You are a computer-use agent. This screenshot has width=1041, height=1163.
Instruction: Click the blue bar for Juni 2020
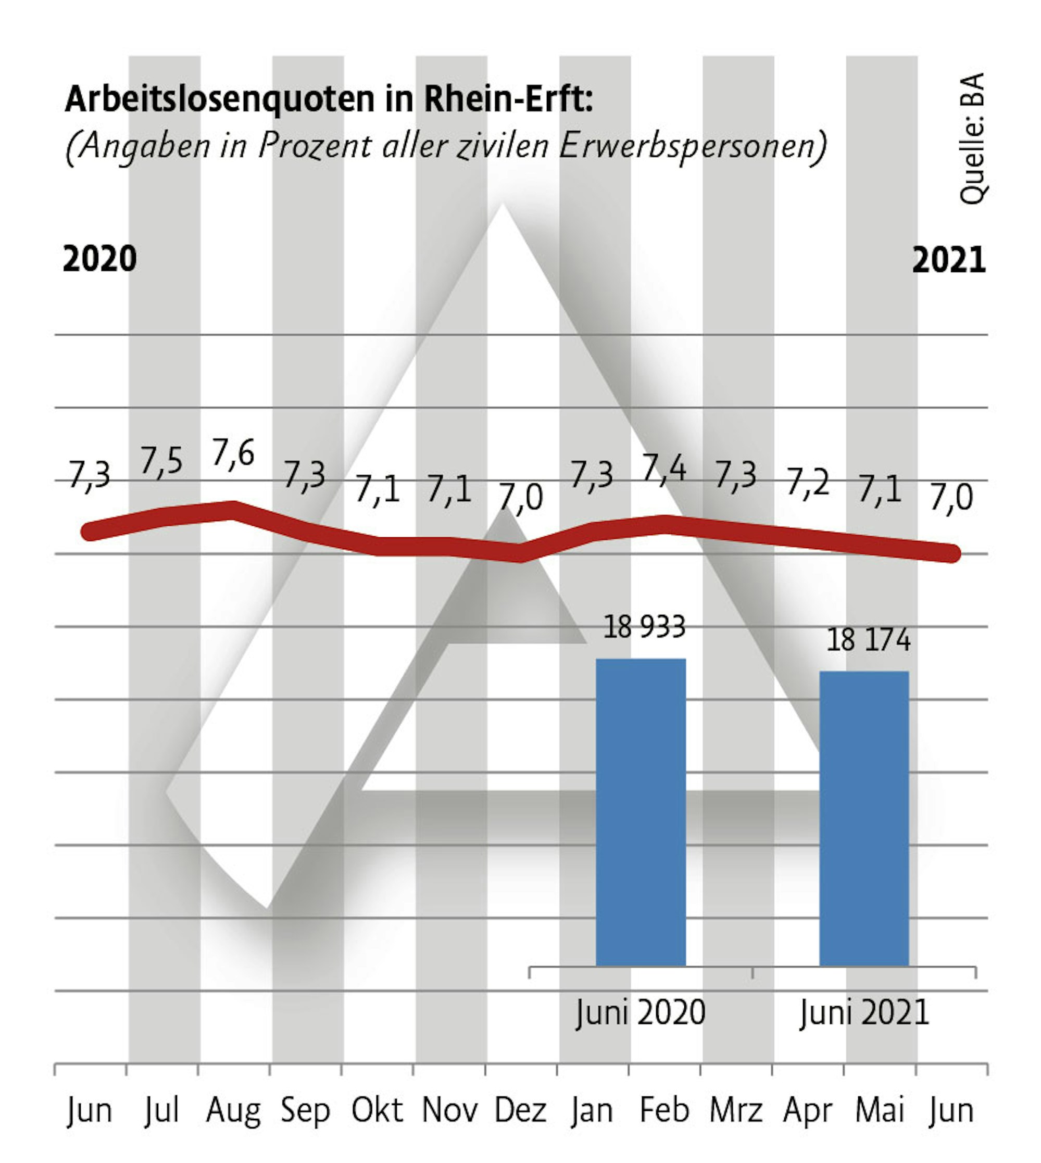tap(641, 813)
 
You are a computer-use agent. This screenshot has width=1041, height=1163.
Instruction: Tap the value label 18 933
tap(644, 627)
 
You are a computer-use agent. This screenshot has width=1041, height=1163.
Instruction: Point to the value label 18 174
tap(868, 640)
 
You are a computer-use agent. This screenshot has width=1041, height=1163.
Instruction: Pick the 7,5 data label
tap(161, 461)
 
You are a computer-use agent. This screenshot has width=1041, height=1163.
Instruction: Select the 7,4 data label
tap(663, 469)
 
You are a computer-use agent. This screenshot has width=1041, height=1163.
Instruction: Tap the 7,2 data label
tap(807, 483)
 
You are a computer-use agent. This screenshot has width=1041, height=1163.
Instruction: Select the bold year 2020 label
tap(99, 259)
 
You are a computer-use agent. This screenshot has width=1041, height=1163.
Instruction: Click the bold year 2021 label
tap(949, 260)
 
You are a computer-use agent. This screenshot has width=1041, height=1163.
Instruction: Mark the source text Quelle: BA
tap(972, 138)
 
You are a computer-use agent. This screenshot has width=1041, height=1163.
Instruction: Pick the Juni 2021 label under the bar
tap(864, 1013)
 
